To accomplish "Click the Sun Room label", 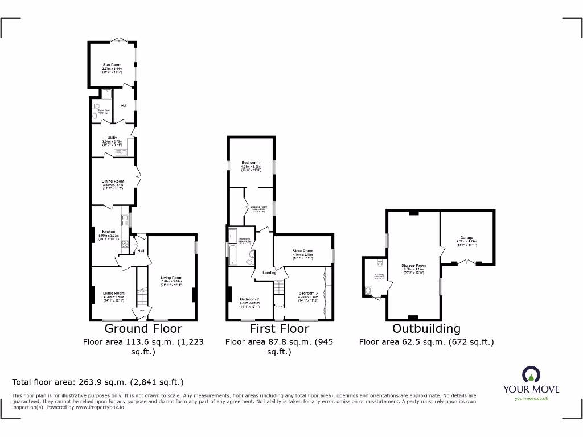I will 112,65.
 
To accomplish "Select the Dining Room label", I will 113,182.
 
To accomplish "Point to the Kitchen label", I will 108,232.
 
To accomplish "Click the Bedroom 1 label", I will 251,163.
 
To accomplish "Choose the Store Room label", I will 303,250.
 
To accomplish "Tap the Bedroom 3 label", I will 308,293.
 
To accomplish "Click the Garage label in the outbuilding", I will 467,238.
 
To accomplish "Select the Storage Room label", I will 413,266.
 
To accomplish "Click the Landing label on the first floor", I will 269,273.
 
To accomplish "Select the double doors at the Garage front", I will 467,262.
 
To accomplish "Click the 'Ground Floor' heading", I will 143,329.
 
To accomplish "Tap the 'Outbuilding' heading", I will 426,329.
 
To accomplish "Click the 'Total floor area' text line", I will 98,382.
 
